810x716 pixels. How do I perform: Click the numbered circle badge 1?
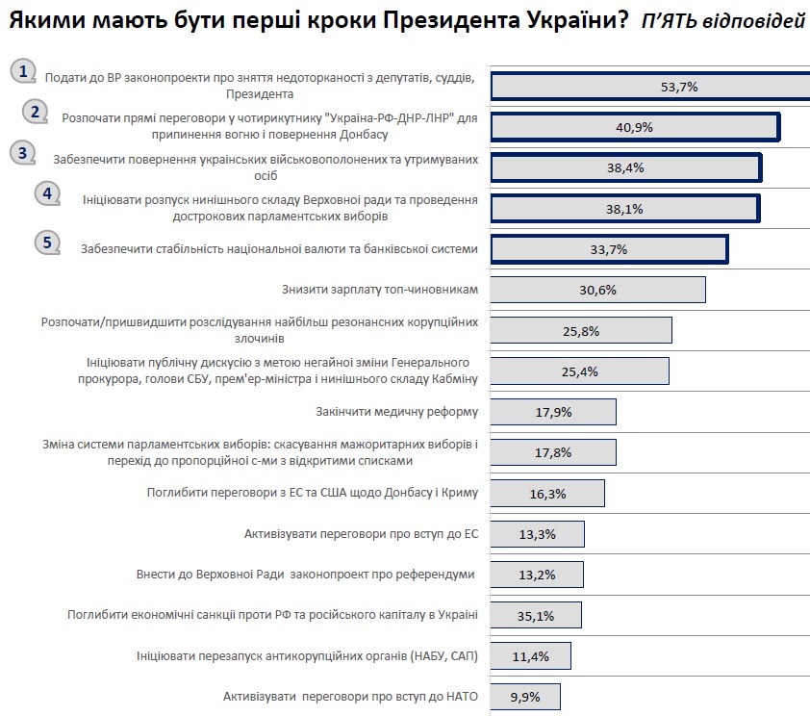[x=24, y=71]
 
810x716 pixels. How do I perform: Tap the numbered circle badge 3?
[x=23, y=152]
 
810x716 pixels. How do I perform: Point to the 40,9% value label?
[x=635, y=127]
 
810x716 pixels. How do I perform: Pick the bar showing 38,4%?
[x=625, y=167]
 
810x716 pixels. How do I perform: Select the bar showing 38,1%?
[x=624, y=208]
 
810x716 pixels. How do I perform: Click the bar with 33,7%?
[x=609, y=249]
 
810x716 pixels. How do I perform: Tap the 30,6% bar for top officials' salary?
[x=597, y=290]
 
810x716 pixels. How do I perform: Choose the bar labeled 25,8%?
[x=581, y=331]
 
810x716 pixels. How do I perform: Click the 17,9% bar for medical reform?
[x=553, y=412]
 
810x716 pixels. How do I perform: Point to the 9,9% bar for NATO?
[x=525, y=696]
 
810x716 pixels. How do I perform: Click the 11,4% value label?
[x=531, y=656]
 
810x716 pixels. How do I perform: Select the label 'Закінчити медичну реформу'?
[x=396, y=412]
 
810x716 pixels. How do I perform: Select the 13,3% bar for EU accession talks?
[x=538, y=534]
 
